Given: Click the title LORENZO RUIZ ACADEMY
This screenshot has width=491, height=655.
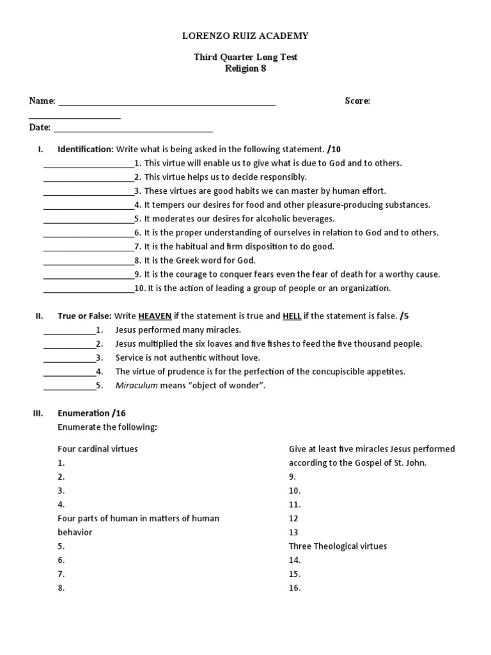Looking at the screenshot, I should pos(245,36).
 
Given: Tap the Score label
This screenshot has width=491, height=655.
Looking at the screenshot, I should pos(357,101).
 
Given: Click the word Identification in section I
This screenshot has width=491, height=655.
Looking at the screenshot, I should pos(85,149).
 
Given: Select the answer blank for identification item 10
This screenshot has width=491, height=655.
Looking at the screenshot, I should pos(88,290).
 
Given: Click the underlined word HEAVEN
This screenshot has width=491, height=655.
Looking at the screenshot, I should pos(155,316).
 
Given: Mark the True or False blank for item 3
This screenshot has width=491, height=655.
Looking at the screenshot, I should pos(69,360).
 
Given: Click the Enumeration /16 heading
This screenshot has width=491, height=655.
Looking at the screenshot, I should pos(96,414).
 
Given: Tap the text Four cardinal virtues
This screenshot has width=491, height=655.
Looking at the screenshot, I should pos(97,449).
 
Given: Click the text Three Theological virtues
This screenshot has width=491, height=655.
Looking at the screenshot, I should pos(338,546).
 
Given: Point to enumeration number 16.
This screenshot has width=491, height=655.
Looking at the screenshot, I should pos(294,588).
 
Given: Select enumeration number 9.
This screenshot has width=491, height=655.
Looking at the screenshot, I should pos(293,477).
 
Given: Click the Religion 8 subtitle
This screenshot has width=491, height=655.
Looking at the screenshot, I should pos(245,69).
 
